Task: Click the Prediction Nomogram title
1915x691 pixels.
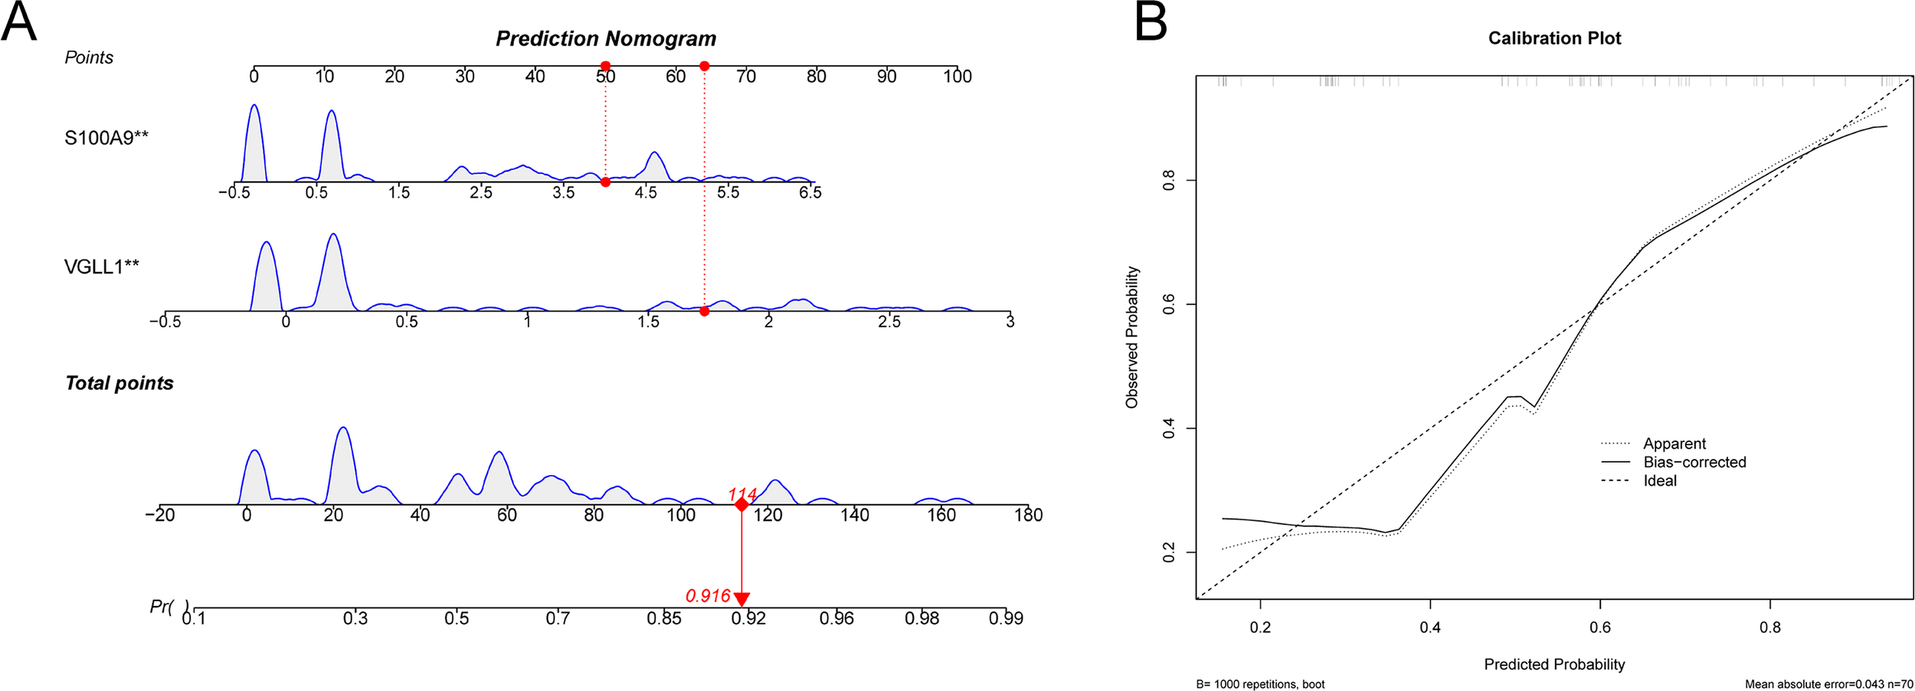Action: pyautogui.click(x=606, y=38)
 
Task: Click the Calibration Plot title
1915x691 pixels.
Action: pyautogui.click(x=1554, y=38)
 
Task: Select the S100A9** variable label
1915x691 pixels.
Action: pyautogui.click(x=106, y=138)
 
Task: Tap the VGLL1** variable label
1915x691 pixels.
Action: pyautogui.click(x=102, y=267)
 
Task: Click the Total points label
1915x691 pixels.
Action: pyautogui.click(x=119, y=383)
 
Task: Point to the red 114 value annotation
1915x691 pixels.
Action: pyautogui.click(x=742, y=494)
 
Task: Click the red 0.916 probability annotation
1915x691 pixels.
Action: pyautogui.click(x=708, y=596)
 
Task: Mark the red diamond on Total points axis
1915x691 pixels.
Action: pyautogui.click(x=741, y=505)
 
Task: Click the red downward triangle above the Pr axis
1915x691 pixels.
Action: pyautogui.click(x=741, y=599)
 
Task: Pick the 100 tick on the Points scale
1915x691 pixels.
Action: pyautogui.click(x=957, y=76)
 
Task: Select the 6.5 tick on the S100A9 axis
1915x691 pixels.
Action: pyautogui.click(x=810, y=192)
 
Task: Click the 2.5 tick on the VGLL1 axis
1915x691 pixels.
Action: pyautogui.click(x=889, y=322)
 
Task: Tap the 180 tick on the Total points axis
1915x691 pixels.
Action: pyautogui.click(x=1028, y=515)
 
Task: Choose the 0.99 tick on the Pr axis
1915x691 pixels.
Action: pyautogui.click(x=1005, y=618)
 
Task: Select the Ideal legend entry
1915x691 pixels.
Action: pyautogui.click(x=1660, y=481)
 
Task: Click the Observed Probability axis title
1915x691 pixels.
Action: pyautogui.click(x=1131, y=337)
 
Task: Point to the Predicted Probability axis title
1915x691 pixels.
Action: pyautogui.click(x=1554, y=664)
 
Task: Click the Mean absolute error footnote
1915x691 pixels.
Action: pyautogui.click(x=1828, y=684)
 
